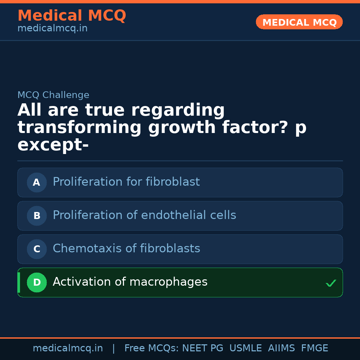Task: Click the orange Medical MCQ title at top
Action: tap(72, 16)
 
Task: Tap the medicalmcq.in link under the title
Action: tap(52, 29)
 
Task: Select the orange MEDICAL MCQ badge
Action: tap(299, 22)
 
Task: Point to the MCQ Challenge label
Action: tap(53, 95)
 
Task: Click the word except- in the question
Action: tap(53, 145)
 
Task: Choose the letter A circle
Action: tap(37, 182)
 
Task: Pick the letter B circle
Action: tap(37, 216)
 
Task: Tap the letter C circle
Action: tap(37, 249)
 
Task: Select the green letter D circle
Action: tap(37, 282)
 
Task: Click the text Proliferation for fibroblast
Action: tap(126, 182)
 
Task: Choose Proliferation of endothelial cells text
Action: tap(144, 215)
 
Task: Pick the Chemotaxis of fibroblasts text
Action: tap(126, 249)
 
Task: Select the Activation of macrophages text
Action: tap(130, 282)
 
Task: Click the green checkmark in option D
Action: tap(331, 283)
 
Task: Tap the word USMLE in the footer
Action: tap(245, 348)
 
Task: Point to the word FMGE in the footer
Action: tap(314, 348)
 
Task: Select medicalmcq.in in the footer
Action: tap(68, 348)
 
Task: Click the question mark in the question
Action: tap(283, 128)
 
